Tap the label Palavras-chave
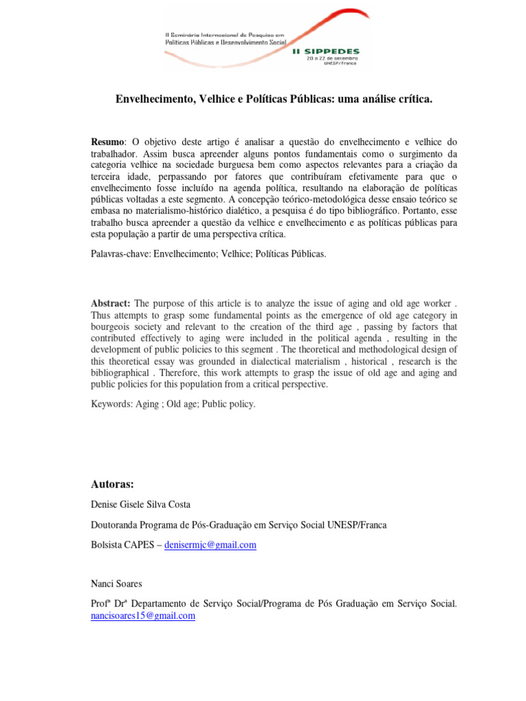[120, 254]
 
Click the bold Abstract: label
[111, 303]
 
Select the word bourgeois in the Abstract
[113, 327]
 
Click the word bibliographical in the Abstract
[121, 372]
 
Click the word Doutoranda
[117, 525]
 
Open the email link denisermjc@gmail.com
[211, 545]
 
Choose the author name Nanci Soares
[117, 584]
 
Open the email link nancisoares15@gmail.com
[143, 615]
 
